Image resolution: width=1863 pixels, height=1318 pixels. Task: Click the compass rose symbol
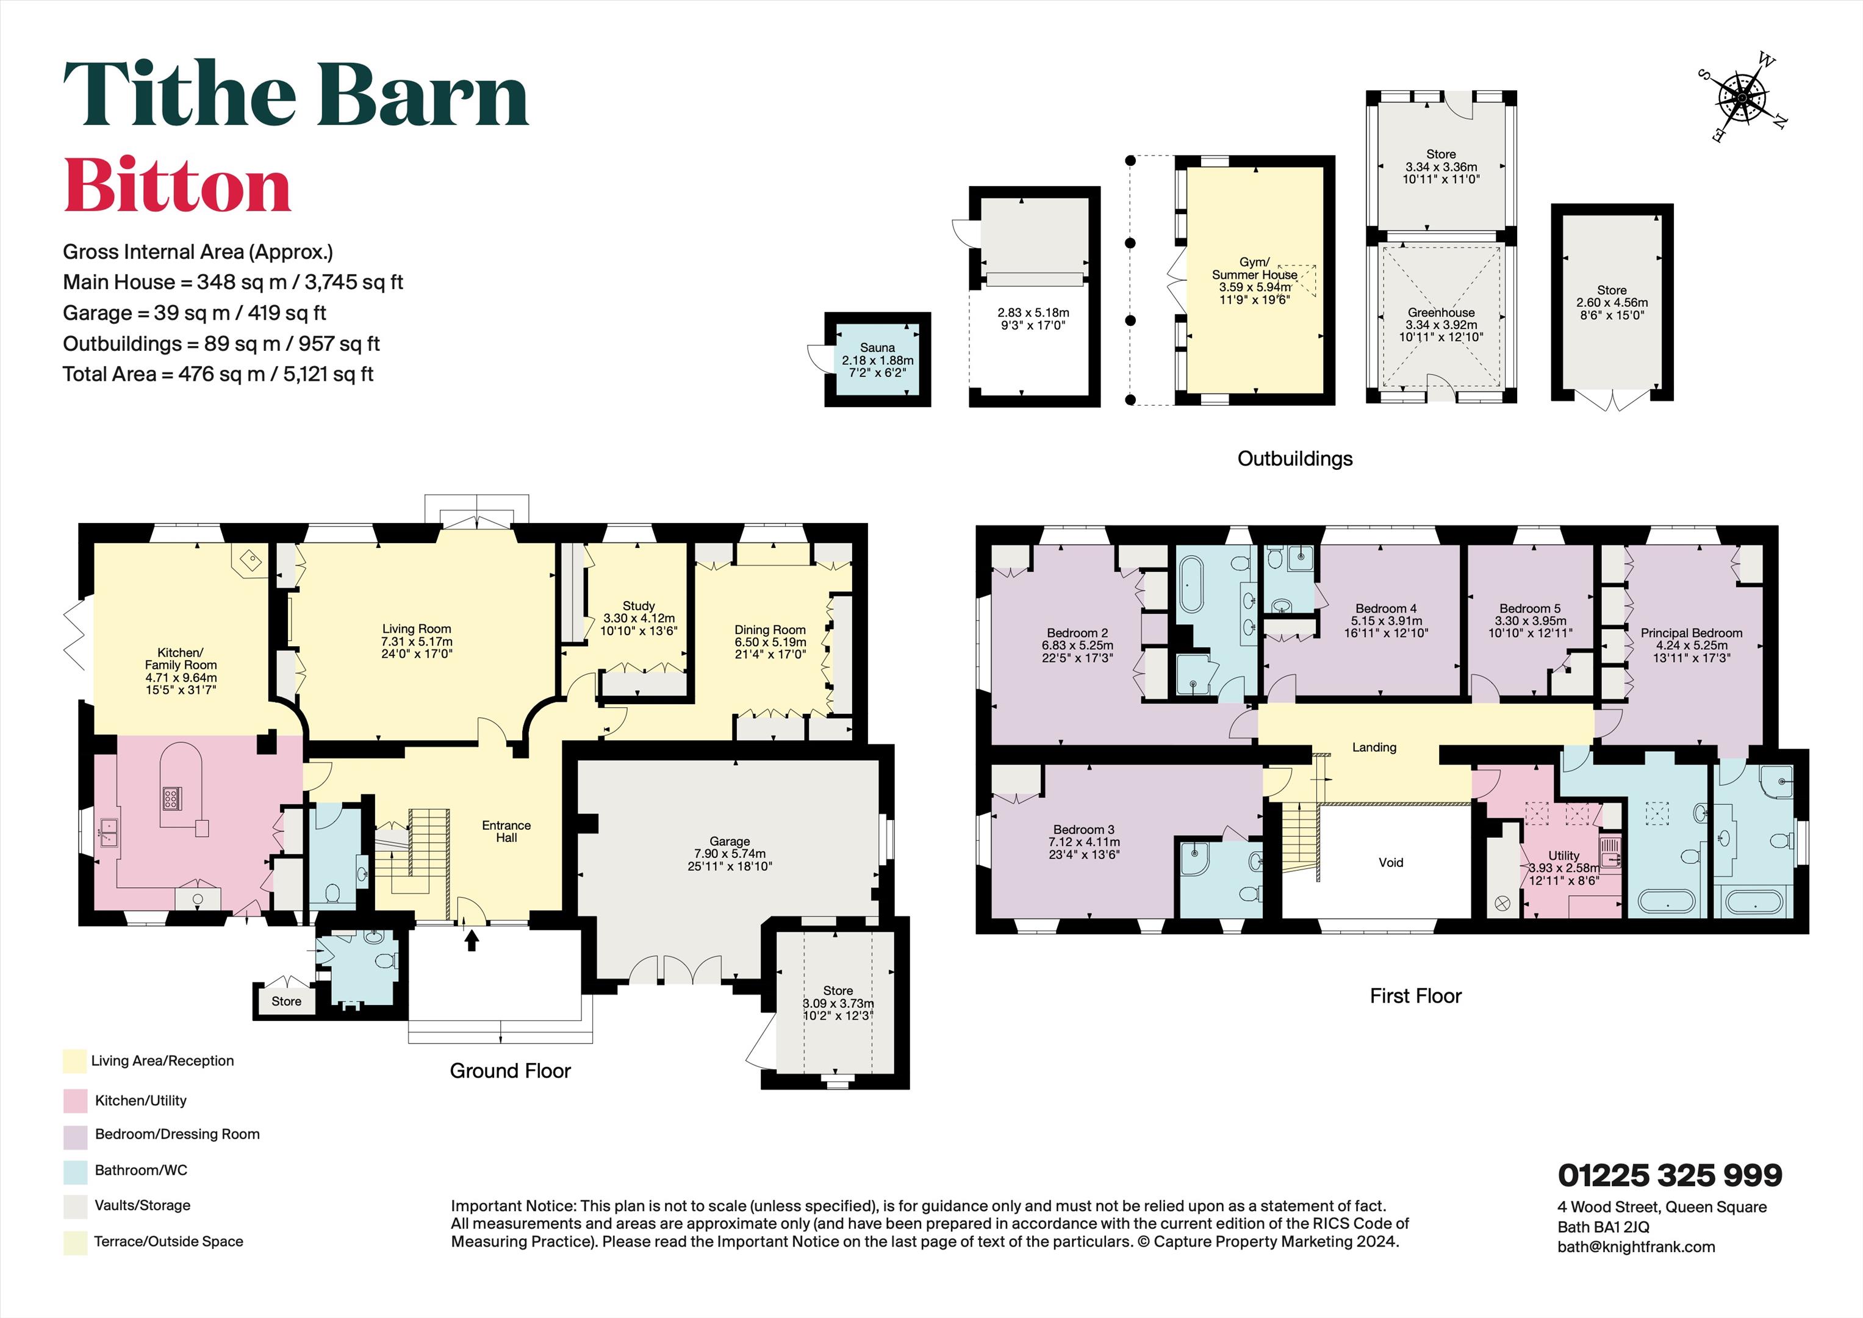[x=1742, y=98]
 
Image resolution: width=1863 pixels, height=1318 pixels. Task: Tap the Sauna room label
[x=877, y=347]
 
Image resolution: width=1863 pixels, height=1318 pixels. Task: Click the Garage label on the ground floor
[x=730, y=841]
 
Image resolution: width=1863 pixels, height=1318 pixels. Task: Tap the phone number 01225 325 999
[x=1670, y=1175]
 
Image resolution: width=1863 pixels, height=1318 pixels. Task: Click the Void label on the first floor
[x=1391, y=863]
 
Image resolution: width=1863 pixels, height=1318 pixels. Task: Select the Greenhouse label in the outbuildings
[x=1441, y=312]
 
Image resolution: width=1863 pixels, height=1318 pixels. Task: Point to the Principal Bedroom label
[x=1691, y=633]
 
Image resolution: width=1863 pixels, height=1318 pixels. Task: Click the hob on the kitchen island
[x=171, y=799]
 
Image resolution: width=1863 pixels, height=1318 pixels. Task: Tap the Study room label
[x=639, y=607]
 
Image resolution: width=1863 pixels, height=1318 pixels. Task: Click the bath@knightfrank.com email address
[x=1637, y=1247]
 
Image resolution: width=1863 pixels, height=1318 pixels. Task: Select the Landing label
[x=1374, y=747]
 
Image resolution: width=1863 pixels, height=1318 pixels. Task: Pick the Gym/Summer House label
[x=1254, y=268]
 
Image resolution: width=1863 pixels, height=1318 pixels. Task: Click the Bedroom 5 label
[x=1529, y=609]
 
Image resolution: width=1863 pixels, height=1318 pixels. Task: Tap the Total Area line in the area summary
[x=218, y=374]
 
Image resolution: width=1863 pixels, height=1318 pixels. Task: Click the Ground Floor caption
[x=511, y=1071]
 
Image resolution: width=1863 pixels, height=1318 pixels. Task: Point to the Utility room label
[x=1563, y=855]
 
